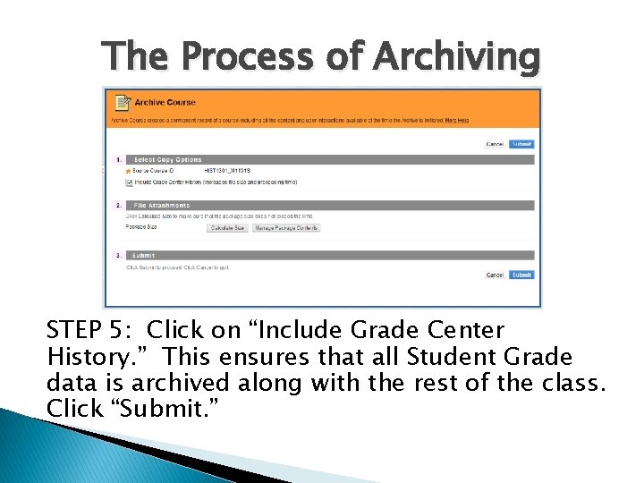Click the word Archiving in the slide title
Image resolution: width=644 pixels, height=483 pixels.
tap(456, 56)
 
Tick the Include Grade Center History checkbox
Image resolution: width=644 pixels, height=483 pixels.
tap(130, 182)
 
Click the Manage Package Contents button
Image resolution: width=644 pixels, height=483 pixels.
tap(285, 228)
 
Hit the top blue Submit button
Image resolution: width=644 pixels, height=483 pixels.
tap(521, 144)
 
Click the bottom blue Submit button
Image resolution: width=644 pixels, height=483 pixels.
tap(521, 275)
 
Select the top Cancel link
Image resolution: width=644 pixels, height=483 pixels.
tap(495, 144)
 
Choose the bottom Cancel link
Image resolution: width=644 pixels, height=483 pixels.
tap(495, 275)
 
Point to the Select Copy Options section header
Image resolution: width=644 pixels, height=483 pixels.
tap(162, 160)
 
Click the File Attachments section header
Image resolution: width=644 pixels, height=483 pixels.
tap(156, 205)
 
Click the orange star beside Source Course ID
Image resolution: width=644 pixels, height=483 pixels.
tap(129, 171)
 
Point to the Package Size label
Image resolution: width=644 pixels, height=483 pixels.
tap(141, 228)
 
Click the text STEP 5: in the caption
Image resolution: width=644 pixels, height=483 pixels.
tap(87, 331)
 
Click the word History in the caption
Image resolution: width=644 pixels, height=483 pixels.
tap(86, 357)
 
